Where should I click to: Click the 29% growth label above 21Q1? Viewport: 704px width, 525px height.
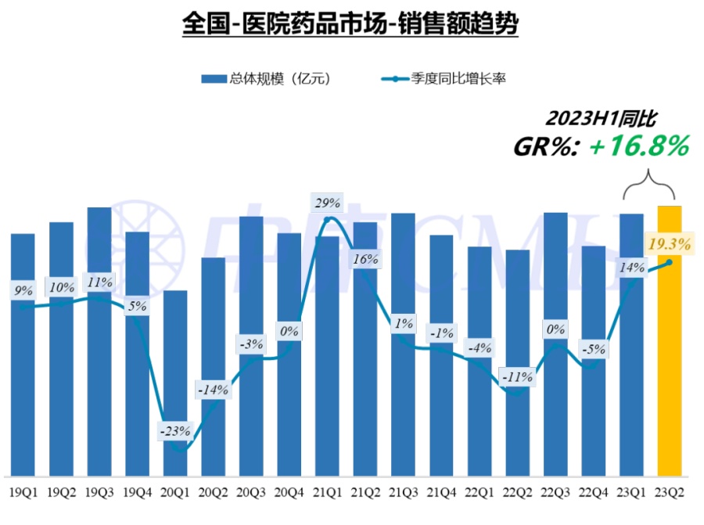pyautogui.click(x=327, y=203)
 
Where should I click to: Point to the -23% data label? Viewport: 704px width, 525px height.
pyautogui.click(x=175, y=430)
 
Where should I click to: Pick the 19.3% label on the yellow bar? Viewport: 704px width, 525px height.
pyautogui.click(x=670, y=244)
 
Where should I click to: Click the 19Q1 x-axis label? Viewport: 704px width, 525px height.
pyautogui.click(x=23, y=492)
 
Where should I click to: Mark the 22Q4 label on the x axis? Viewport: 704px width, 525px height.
pyautogui.click(x=593, y=492)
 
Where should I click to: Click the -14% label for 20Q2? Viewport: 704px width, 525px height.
pyautogui.click(x=213, y=389)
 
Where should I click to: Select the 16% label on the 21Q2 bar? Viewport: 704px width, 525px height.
pyautogui.click(x=365, y=257)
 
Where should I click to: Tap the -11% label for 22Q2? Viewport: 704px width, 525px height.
pyautogui.click(x=517, y=376)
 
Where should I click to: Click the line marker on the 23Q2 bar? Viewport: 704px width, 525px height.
pyautogui.click(x=668, y=262)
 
